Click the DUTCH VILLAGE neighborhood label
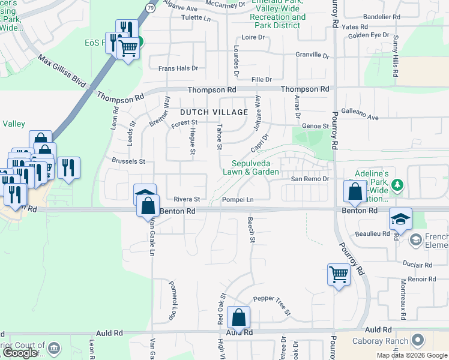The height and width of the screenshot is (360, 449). [214, 112]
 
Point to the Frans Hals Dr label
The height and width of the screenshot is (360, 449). [178, 68]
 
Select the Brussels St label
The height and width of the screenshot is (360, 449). [128, 161]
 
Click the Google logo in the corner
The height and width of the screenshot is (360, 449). [19, 353]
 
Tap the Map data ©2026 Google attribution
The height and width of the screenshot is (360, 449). [412, 355]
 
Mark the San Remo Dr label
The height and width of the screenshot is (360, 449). [310, 179]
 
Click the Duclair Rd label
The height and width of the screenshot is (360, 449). [418, 265]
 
